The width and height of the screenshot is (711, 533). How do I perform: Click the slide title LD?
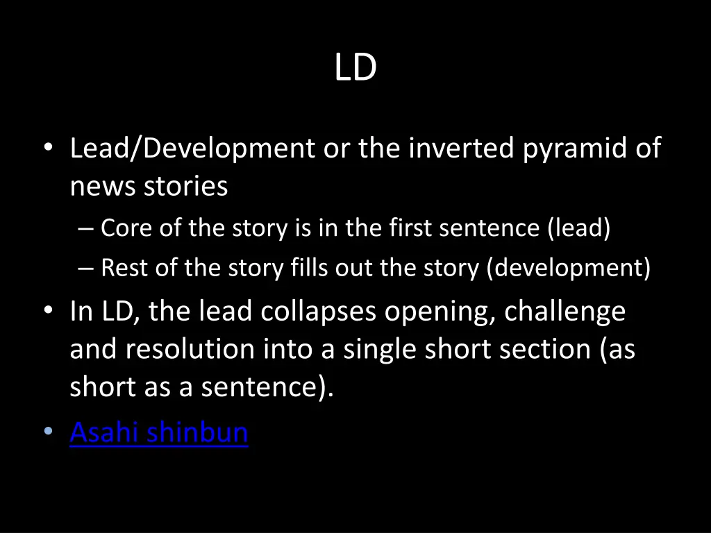(x=355, y=68)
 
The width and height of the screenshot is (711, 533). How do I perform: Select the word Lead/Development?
(x=192, y=149)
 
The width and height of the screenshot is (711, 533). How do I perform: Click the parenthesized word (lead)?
(x=578, y=228)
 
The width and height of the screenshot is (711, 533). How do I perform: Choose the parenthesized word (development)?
(x=568, y=269)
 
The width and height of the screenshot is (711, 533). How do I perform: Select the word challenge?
(x=564, y=312)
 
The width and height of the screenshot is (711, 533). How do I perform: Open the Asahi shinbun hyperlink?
(x=159, y=432)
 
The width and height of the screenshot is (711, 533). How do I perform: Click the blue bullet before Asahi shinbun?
(x=47, y=432)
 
